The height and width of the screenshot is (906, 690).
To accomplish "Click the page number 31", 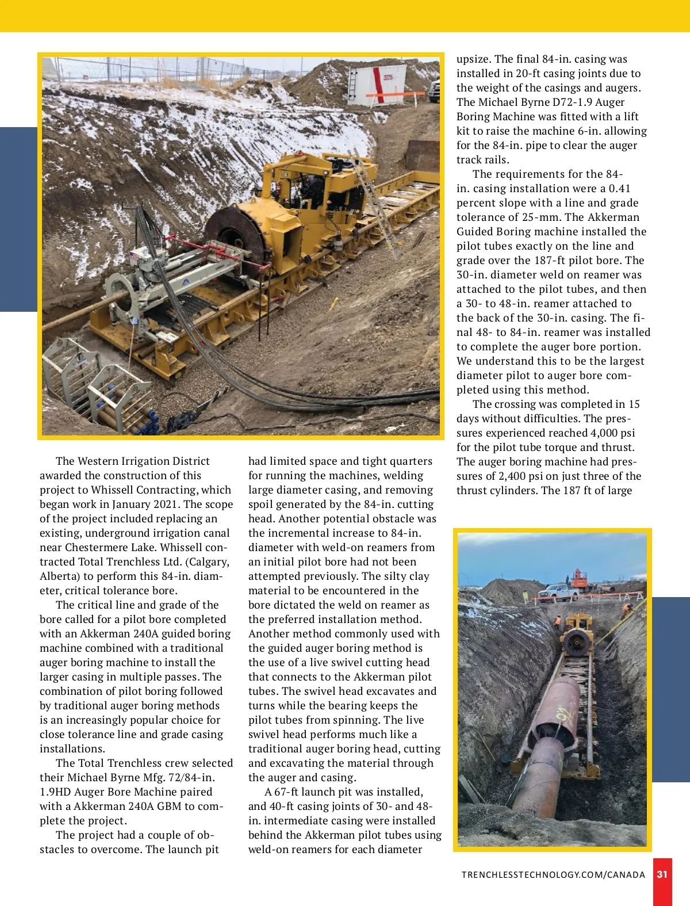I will [x=662, y=874].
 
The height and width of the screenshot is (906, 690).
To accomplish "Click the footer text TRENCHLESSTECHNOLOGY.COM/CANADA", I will [x=553, y=875].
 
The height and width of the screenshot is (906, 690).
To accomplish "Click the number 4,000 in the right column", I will [x=604, y=433].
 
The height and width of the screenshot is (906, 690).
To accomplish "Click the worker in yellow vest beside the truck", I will [x=557, y=621].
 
